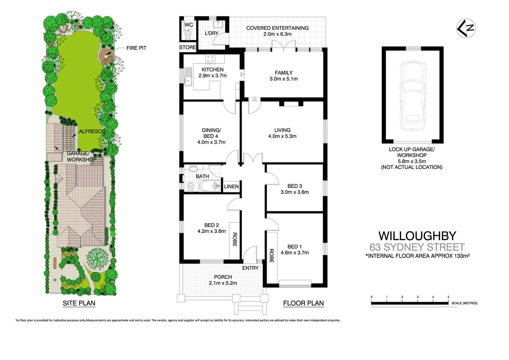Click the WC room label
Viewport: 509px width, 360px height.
[x=189, y=25]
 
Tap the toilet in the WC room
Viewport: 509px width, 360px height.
[x=188, y=35]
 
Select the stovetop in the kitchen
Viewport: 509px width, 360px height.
[x=211, y=59]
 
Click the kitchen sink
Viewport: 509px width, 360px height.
[x=188, y=76]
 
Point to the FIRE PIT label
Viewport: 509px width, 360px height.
[x=136, y=48]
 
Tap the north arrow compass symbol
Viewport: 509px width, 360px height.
[x=466, y=28]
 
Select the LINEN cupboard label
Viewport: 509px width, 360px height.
[x=231, y=186]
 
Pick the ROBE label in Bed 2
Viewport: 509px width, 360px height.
[x=235, y=239]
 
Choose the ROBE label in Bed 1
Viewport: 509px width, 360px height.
[x=271, y=256]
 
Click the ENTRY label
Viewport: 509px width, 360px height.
[x=250, y=268]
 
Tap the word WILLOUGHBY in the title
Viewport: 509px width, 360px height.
[x=417, y=236]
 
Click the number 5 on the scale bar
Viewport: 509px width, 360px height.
[x=448, y=297]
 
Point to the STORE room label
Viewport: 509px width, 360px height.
[x=188, y=47]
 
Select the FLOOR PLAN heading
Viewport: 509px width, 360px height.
[x=303, y=303]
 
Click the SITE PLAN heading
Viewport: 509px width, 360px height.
[x=79, y=303]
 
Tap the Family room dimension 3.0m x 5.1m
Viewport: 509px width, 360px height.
[x=283, y=79]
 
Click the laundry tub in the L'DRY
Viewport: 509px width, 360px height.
[x=219, y=24]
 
